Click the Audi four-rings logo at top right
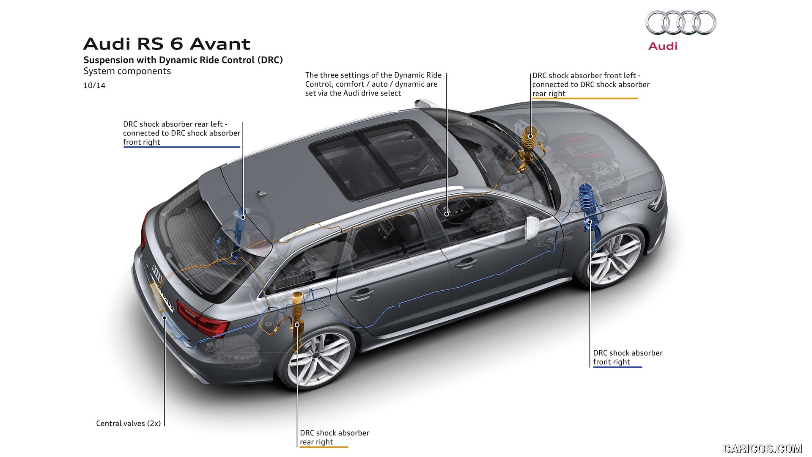coord(680,23)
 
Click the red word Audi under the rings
coord(663,46)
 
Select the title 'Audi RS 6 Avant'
coord(167,44)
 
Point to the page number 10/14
coord(94,85)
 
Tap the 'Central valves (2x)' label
coord(128,423)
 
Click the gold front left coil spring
coord(528,136)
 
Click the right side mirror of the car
coord(533,228)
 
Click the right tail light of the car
coord(203,319)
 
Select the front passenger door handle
coord(466,263)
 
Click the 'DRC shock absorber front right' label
coord(627,357)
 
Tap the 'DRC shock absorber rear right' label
coord(334,437)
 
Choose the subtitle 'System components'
coord(127,71)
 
